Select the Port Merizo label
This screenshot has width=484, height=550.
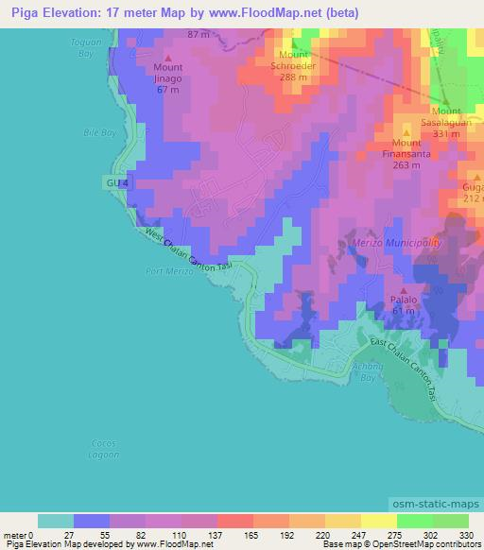point(170,271)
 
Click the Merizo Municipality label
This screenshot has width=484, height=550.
point(396,243)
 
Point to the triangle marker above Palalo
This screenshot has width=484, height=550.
point(405,291)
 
